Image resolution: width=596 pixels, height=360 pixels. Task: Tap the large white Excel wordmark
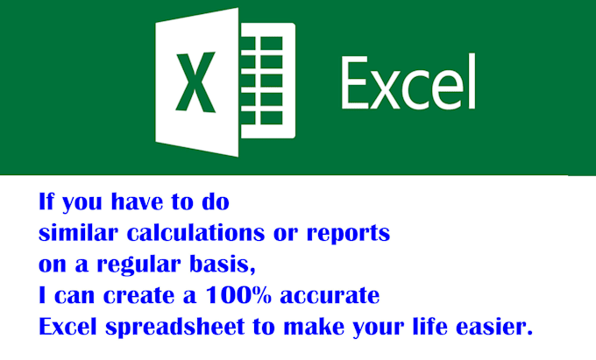point(408,83)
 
